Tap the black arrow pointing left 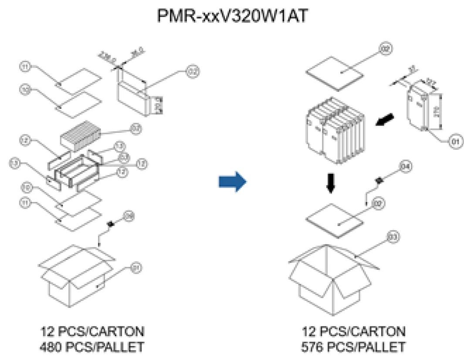click(x=385, y=120)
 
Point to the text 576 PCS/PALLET click(x=354, y=347)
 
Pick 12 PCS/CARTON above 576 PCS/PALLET click(x=354, y=332)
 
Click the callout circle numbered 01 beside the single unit click(x=454, y=141)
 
